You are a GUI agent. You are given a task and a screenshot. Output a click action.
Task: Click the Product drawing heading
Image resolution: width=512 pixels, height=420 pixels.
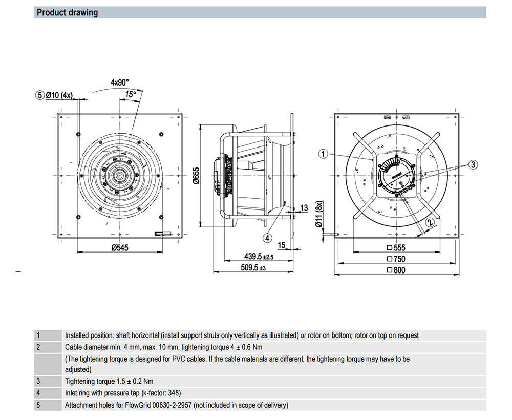(67, 12)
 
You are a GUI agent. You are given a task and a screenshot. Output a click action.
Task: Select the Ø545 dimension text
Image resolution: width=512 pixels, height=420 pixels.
(120, 247)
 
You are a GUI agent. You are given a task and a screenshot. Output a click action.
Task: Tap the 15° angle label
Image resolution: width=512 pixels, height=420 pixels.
(131, 94)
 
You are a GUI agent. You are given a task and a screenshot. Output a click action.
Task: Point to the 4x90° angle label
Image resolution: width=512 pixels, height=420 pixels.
(119, 81)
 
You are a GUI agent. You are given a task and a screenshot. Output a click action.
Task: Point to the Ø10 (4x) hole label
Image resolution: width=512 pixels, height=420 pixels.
(59, 95)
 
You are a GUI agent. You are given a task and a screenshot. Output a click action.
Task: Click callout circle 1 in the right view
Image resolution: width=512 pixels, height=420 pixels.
(323, 153)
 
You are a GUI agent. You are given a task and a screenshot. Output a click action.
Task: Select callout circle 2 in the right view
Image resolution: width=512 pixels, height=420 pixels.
(430, 222)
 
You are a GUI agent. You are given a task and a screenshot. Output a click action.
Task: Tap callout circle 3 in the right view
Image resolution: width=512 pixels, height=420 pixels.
(473, 164)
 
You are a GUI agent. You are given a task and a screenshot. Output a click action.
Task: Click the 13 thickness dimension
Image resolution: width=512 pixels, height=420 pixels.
(304, 207)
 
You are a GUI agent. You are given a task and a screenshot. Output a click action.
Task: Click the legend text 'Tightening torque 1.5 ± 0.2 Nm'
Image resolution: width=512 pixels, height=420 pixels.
(109, 381)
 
